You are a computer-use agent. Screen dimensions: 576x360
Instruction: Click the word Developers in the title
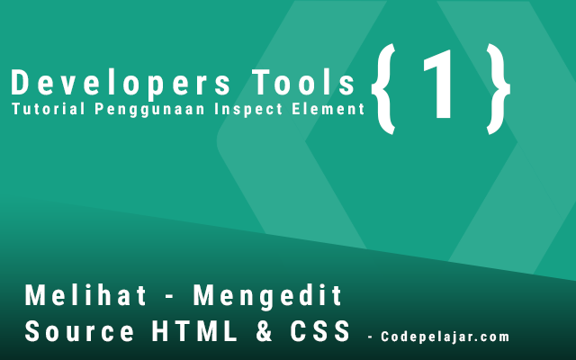click(121, 84)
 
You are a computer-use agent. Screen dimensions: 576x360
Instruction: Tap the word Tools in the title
click(303, 83)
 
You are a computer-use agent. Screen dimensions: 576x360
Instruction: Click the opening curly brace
click(384, 89)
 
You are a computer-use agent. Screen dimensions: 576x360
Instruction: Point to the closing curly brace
click(498, 89)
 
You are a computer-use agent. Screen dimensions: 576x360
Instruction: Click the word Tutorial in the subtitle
click(48, 109)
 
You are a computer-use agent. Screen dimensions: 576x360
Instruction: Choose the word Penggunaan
click(149, 110)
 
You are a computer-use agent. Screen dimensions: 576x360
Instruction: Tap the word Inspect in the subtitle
click(248, 110)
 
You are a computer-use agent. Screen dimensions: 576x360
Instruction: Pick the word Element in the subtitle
click(328, 109)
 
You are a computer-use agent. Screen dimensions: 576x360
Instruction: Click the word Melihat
click(85, 295)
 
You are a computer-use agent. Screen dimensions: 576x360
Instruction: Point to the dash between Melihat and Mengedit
click(170, 298)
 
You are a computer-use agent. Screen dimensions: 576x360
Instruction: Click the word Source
click(79, 331)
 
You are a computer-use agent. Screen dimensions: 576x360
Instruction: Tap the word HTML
click(194, 331)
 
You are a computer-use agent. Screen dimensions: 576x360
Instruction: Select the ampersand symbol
click(264, 331)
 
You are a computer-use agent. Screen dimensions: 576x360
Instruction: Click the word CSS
click(319, 331)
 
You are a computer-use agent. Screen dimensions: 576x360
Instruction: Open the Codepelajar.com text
click(445, 337)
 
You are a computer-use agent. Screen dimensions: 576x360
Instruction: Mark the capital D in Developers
click(20, 83)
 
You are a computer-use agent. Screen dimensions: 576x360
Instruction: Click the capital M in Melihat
click(34, 295)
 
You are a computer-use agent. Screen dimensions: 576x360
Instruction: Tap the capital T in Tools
click(261, 83)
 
